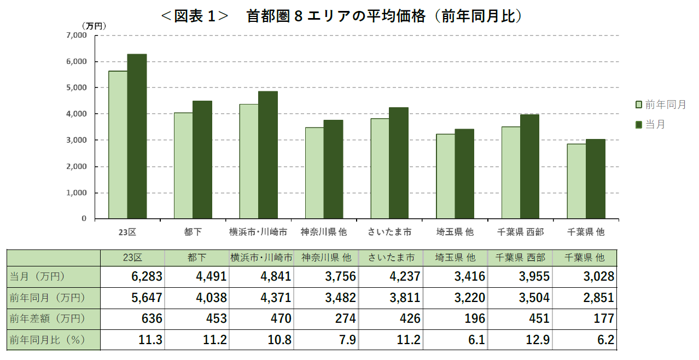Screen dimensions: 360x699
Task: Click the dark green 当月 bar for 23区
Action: pos(137,137)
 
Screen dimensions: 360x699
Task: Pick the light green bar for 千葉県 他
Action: pos(576,181)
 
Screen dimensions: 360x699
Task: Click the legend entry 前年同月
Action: pos(661,104)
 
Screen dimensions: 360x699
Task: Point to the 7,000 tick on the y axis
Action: pos(76,36)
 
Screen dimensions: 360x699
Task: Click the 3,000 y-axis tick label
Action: pos(76,140)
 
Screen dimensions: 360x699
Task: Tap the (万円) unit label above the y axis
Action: pos(94,25)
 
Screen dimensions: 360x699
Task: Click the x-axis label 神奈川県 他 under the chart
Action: pos(324,232)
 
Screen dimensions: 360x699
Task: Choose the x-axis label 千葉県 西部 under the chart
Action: pos(520,232)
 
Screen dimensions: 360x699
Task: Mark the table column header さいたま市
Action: pos(391,257)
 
